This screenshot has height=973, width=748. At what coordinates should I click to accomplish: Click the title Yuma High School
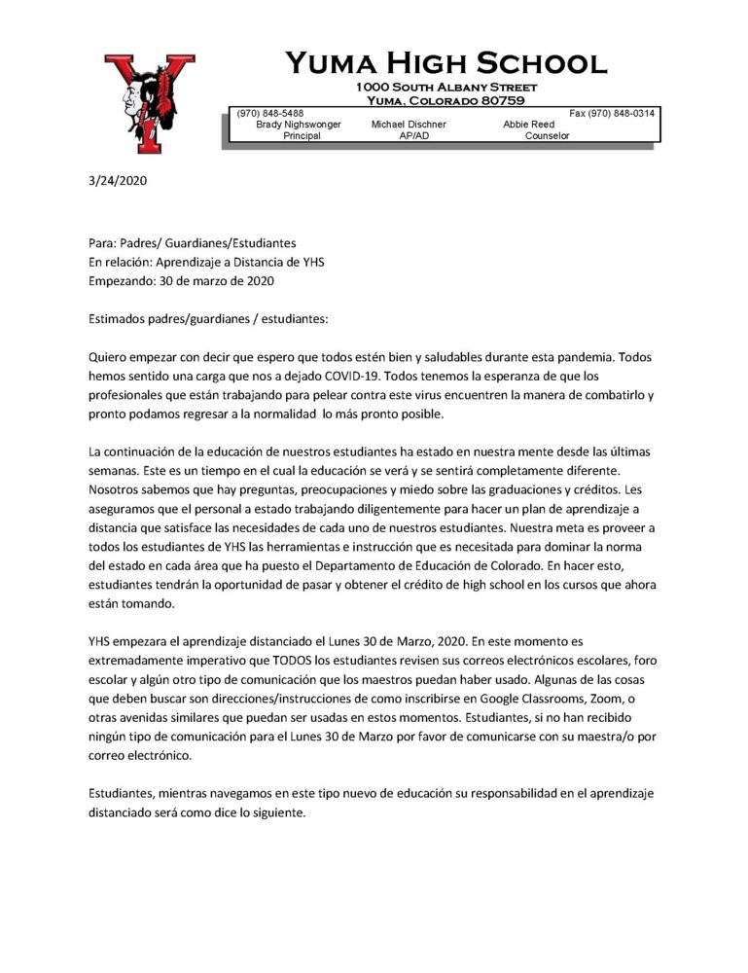445,64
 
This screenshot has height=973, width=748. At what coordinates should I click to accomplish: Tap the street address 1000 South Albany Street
446,89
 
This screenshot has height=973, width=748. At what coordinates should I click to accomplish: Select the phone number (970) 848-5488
269,114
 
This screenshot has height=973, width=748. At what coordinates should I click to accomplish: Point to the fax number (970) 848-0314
612,114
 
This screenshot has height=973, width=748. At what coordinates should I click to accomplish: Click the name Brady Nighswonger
299,125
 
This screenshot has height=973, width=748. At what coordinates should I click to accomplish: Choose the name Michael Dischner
409,125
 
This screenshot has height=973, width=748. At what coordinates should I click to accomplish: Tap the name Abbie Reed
528,125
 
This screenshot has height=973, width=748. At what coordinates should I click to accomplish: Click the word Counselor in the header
547,136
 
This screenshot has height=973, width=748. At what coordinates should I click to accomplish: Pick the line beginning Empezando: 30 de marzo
181,281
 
